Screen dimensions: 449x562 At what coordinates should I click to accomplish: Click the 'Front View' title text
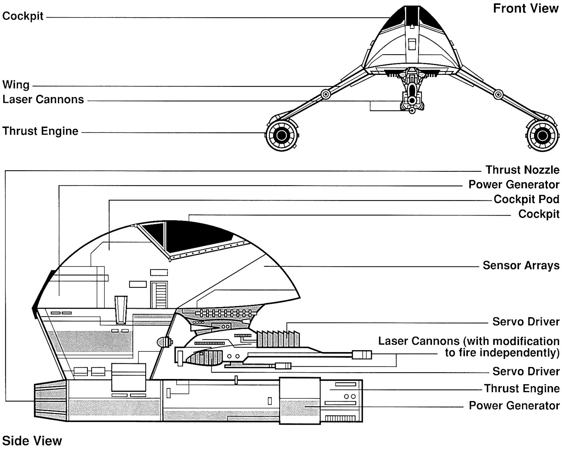tap(525, 8)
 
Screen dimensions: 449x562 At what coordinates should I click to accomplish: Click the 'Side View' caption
tap(32, 440)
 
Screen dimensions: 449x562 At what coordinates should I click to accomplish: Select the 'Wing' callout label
tap(16, 85)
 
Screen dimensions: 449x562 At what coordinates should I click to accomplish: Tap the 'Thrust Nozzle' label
tap(522, 170)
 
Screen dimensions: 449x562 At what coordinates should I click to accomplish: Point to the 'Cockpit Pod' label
tap(526, 199)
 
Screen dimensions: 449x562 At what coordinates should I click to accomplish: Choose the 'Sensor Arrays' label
tap(521, 265)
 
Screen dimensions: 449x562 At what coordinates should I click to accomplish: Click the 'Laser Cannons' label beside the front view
tap(43, 100)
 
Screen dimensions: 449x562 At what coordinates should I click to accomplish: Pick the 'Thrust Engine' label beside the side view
tap(522, 388)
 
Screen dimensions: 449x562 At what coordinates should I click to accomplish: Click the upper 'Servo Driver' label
tap(526, 321)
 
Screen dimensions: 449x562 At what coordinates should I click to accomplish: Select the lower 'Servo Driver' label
tap(526, 371)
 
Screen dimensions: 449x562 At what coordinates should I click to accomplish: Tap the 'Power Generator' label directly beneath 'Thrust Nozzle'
tap(514, 184)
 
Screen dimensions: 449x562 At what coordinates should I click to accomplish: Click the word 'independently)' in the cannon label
tap(502, 353)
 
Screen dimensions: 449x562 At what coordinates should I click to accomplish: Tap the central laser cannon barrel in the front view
tap(412, 100)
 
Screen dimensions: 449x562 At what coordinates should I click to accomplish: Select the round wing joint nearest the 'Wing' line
tap(325, 94)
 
